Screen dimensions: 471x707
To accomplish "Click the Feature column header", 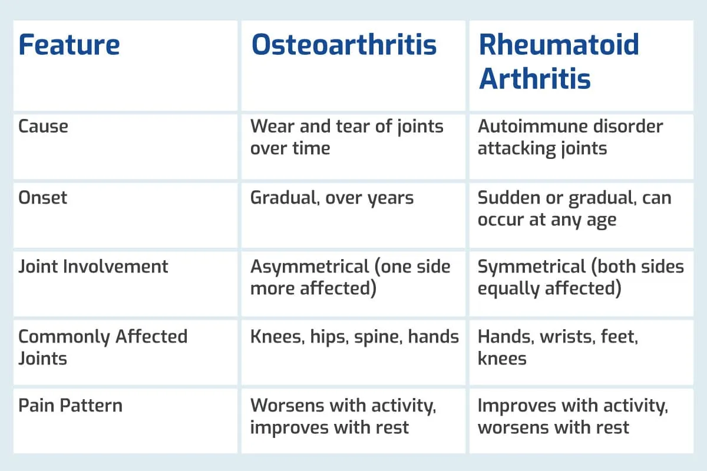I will click(x=69, y=45).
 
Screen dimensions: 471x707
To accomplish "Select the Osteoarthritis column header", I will click(x=344, y=45).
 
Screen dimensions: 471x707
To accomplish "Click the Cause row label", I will click(x=43, y=127).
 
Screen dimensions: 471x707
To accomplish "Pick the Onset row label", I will click(x=43, y=197).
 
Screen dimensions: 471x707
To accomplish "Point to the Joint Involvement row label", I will click(x=93, y=266).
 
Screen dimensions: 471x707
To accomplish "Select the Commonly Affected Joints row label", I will click(x=103, y=347).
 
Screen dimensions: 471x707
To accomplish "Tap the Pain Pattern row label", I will click(x=70, y=406).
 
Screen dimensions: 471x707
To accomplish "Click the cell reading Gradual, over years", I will click(x=332, y=198).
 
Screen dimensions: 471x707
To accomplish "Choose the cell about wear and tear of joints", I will click(x=346, y=137).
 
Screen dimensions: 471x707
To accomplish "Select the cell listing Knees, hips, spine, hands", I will click(x=354, y=337).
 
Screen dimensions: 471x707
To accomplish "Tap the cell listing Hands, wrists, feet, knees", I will click(x=558, y=347).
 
